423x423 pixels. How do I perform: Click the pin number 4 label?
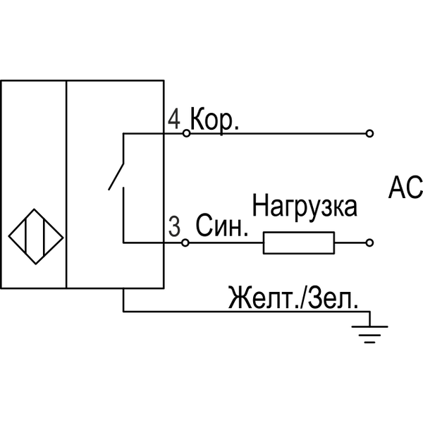coord(174,118)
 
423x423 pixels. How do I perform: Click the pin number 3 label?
coord(174,227)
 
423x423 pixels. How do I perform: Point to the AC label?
coord(405,188)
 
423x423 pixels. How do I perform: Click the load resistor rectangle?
coord(299,243)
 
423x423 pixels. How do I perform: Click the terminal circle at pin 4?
coord(186,133)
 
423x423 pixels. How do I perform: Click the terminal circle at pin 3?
coord(186,243)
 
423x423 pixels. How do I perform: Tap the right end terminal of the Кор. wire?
coord(369,133)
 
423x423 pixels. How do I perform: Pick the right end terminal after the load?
coord(369,243)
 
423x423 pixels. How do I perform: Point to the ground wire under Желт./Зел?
coord(247,310)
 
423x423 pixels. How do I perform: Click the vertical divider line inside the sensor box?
coord(66,183)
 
